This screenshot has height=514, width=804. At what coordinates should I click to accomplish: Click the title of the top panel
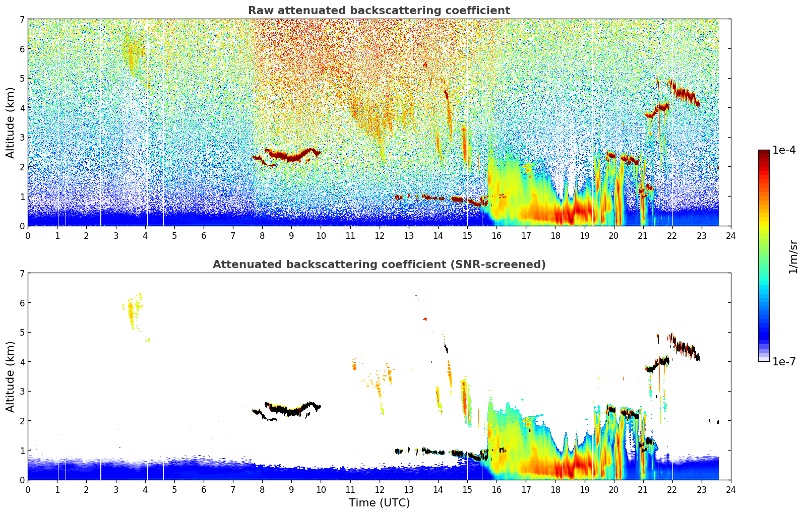[379, 11]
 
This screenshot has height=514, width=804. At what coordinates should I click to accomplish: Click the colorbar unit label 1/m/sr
[793, 256]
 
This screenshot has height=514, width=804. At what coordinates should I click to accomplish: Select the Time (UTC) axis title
[379, 503]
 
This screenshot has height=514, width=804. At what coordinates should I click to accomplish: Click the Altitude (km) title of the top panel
[11, 122]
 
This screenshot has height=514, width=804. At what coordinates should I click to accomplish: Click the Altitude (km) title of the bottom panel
[11, 376]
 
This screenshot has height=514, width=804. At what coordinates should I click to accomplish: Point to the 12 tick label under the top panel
[379, 235]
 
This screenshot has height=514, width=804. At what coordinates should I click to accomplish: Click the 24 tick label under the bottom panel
[730, 489]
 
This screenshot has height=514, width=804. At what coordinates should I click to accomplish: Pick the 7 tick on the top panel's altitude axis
[22, 20]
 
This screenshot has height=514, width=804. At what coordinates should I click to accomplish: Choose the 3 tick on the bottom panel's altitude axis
[22, 392]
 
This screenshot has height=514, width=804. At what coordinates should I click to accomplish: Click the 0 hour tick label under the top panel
[28, 235]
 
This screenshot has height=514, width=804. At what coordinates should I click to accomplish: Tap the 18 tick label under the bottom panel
[555, 489]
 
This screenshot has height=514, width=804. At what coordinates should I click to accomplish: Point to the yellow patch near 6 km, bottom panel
[133, 310]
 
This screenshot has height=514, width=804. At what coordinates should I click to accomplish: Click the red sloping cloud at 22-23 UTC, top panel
[685, 94]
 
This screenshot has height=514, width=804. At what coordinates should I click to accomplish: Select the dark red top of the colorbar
[763, 153]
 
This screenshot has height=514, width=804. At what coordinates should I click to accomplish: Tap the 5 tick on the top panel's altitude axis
[22, 78]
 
